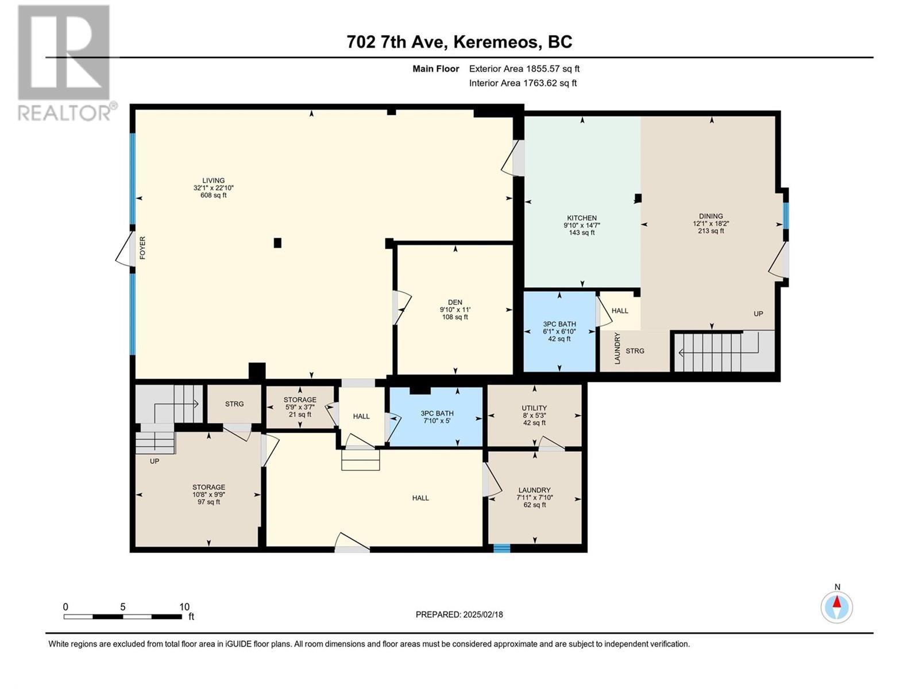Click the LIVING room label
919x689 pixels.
(213, 180)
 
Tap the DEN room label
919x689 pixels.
(455, 303)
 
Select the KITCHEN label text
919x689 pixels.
(582, 218)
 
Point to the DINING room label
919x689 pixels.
(711, 216)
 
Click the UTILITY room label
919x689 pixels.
(534, 408)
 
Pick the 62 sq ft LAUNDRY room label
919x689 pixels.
(534, 490)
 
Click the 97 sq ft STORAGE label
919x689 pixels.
(208, 487)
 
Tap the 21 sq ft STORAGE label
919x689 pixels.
(300, 400)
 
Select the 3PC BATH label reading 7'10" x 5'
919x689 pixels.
(437, 413)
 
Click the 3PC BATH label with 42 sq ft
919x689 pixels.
(559, 324)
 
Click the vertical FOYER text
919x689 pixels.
(142, 248)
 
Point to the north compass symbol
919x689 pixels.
(837, 606)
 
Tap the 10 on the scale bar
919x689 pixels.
(184, 607)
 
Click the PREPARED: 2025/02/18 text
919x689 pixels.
(459, 614)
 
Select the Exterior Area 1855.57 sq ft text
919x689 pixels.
(524, 68)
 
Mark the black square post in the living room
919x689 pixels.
(277, 243)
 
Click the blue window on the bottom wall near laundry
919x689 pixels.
(501, 548)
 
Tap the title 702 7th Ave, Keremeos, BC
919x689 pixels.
(459, 42)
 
